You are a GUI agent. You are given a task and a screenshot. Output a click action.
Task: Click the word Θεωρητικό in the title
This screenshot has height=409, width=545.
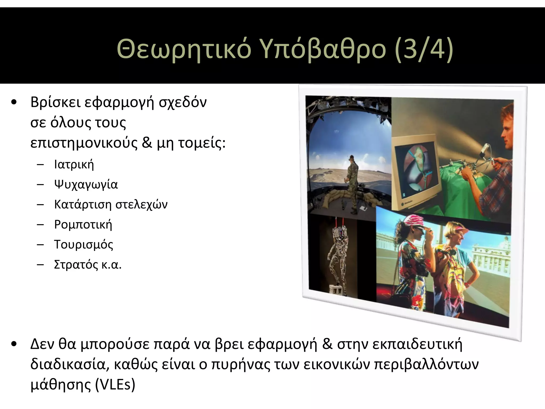(184, 49)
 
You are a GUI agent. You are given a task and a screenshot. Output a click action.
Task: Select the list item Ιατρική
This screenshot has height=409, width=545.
(74, 164)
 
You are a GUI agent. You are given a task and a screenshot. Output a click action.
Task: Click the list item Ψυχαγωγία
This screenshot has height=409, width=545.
(86, 184)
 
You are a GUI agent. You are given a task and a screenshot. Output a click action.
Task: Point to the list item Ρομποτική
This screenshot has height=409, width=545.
(83, 224)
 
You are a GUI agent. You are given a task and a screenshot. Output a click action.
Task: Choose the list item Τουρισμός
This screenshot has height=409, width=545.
(84, 244)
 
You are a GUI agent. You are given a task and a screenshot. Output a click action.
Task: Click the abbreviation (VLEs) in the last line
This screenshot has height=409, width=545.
(115, 385)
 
